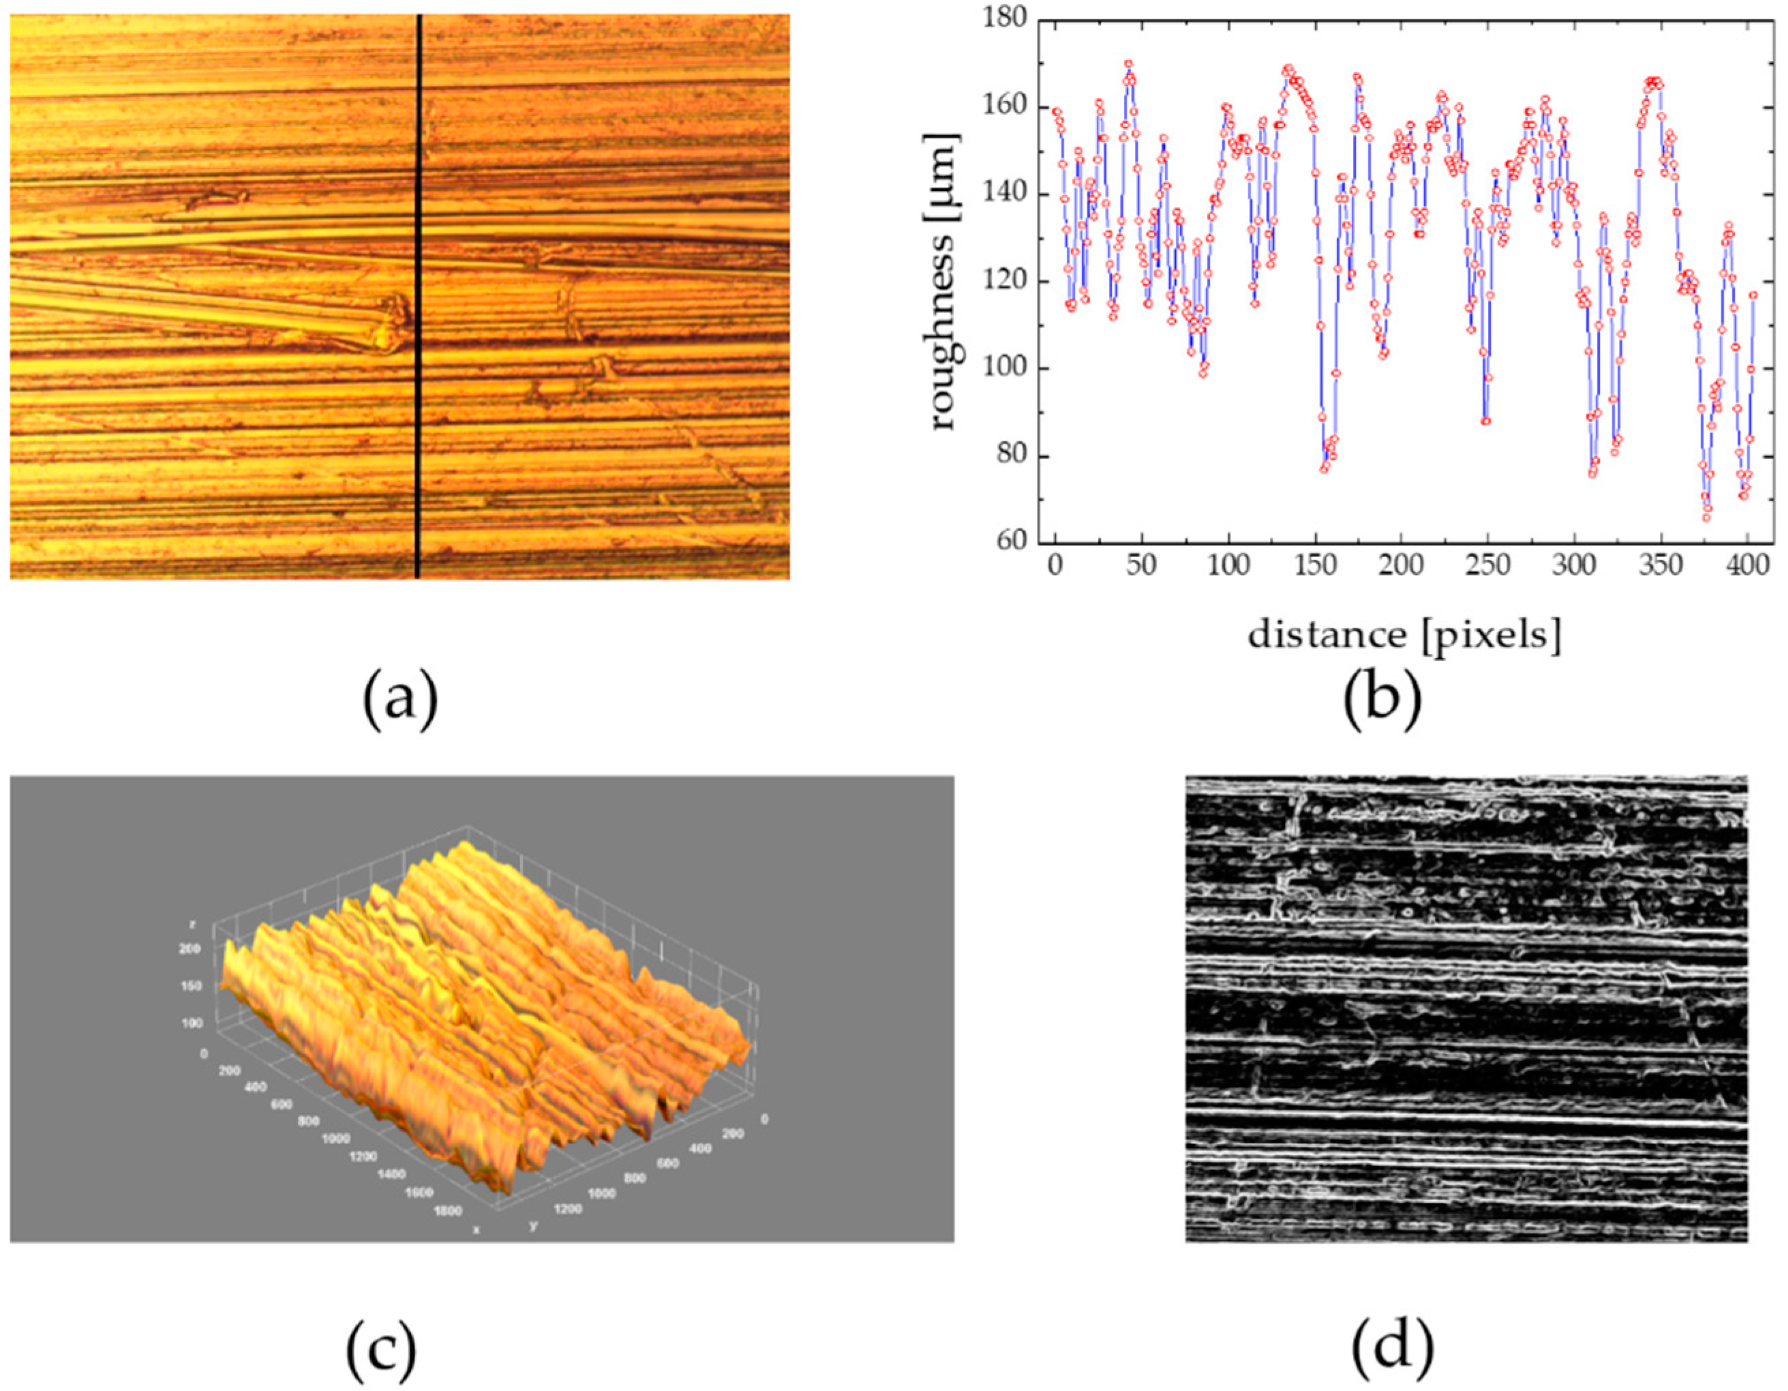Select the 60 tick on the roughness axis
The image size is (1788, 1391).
(x=1012, y=541)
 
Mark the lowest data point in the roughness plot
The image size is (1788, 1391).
(x=1707, y=518)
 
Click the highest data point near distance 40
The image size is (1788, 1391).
(x=1128, y=63)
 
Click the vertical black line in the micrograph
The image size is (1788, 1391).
(x=419, y=295)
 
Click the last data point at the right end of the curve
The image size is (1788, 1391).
(x=1753, y=295)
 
